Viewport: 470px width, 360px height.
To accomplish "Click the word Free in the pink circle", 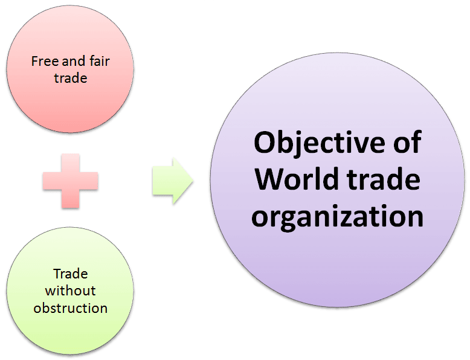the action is tap(45, 62).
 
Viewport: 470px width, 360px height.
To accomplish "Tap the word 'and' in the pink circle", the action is tap(70, 61).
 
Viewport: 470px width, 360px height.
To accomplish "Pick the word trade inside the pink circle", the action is tap(71, 79).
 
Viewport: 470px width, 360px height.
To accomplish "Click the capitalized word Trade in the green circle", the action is tap(71, 274).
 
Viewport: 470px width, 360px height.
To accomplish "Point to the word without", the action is tap(71, 291).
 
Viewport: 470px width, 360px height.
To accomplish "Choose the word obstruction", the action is tap(71, 308).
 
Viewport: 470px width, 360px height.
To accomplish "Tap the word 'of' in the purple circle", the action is tap(407, 142).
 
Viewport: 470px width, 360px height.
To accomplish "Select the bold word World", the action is tap(297, 178).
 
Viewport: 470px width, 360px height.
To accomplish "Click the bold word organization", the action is tap(337, 216).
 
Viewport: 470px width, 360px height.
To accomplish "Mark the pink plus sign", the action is tap(71, 181).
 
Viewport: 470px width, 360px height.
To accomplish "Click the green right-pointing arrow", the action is tap(173, 181).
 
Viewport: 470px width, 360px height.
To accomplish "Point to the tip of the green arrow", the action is tap(193, 181).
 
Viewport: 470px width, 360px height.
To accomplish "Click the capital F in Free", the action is tap(35, 62).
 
